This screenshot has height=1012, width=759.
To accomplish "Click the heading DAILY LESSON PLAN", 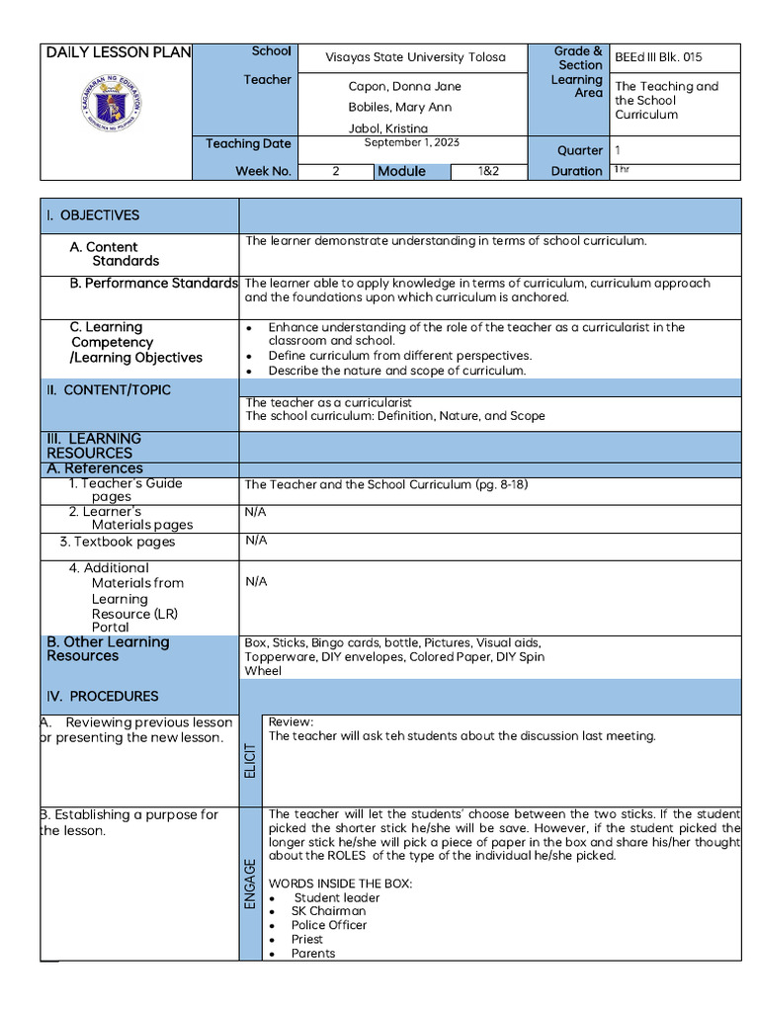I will (x=118, y=52).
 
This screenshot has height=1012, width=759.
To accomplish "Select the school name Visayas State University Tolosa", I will (x=415, y=57).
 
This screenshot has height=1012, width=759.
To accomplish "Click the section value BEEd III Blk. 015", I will (x=658, y=57).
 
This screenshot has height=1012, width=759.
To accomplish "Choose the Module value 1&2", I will (x=488, y=171).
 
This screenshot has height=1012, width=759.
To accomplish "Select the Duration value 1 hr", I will (x=622, y=170).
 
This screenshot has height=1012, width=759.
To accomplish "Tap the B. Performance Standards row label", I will (x=153, y=284).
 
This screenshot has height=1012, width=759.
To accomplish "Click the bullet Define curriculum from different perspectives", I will (x=399, y=356).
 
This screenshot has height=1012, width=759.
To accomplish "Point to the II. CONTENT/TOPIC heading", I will (x=108, y=390).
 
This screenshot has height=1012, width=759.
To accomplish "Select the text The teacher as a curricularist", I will (x=328, y=403).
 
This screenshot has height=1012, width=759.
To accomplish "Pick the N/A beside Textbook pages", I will (x=256, y=541).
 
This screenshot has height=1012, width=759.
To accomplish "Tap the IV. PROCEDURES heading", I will (x=102, y=697).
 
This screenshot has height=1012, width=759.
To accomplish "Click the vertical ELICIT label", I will (x=250, y=759).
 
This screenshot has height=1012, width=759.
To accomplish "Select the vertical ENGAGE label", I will (x=250, y=884).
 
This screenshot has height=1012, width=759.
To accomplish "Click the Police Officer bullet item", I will (x=328, y=925).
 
